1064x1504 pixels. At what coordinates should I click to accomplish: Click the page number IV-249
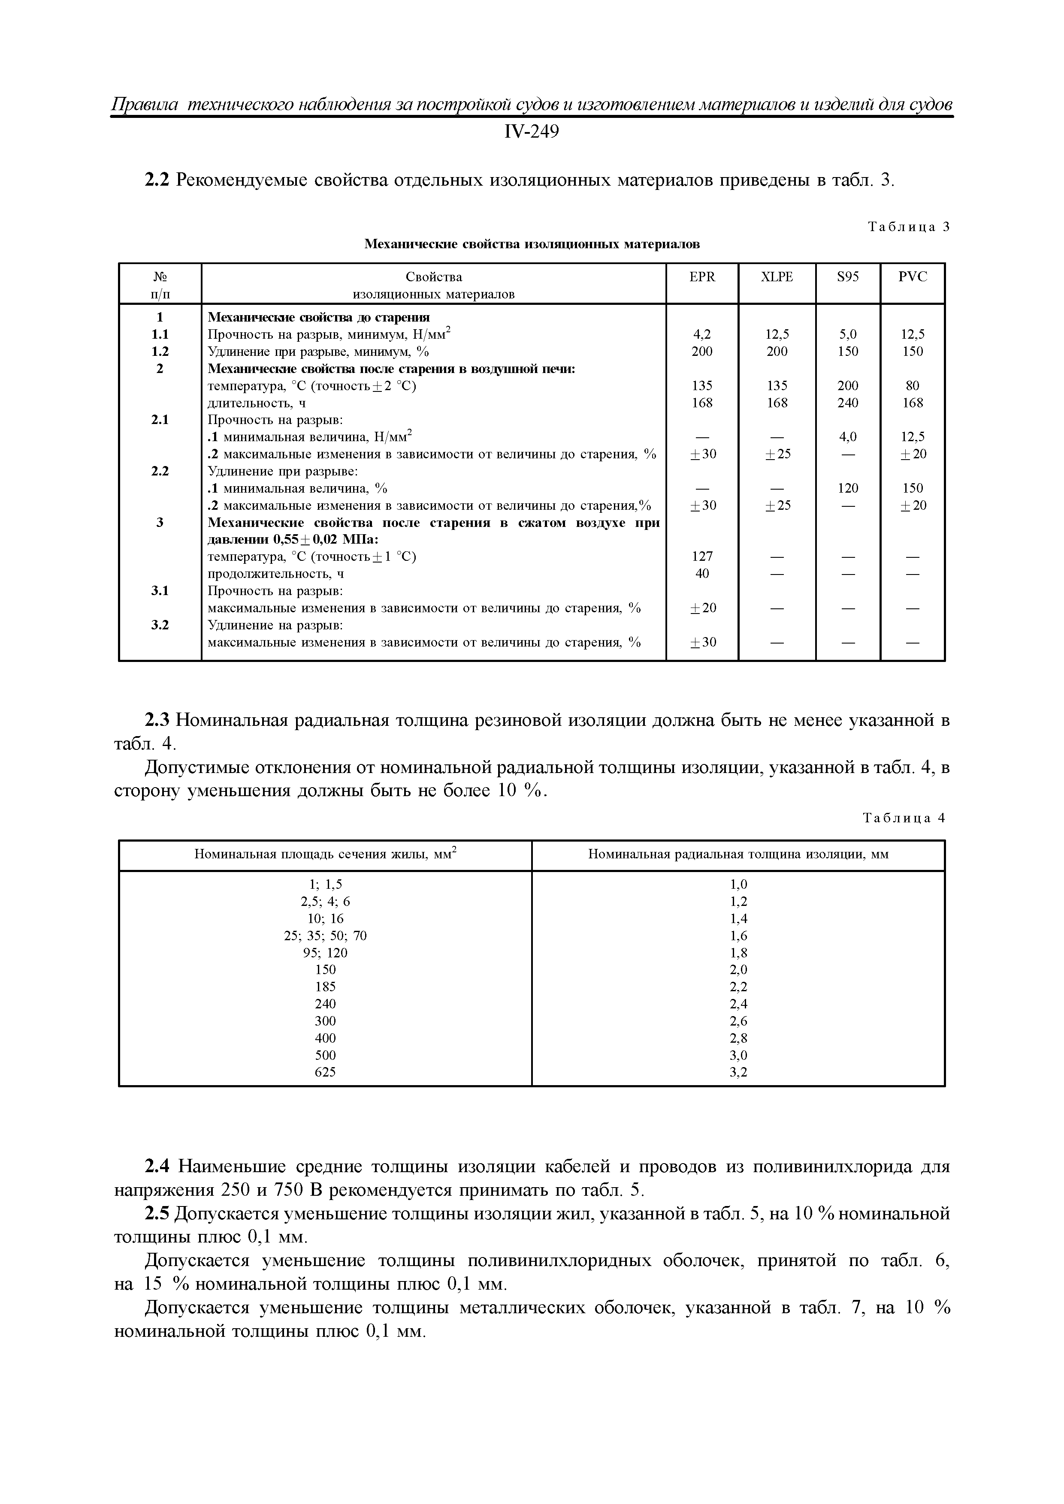(531, 132)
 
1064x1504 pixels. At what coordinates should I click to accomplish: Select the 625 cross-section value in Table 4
(325, 1072)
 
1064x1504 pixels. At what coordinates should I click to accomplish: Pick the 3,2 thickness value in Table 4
(738, 1072)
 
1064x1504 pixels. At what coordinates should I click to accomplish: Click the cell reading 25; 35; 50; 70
(325, 935)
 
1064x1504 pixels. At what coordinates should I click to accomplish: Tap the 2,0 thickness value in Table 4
(738, 969)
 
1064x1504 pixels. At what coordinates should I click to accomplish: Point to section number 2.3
(157, 721)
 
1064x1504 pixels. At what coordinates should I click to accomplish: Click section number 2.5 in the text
(157, 1214)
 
